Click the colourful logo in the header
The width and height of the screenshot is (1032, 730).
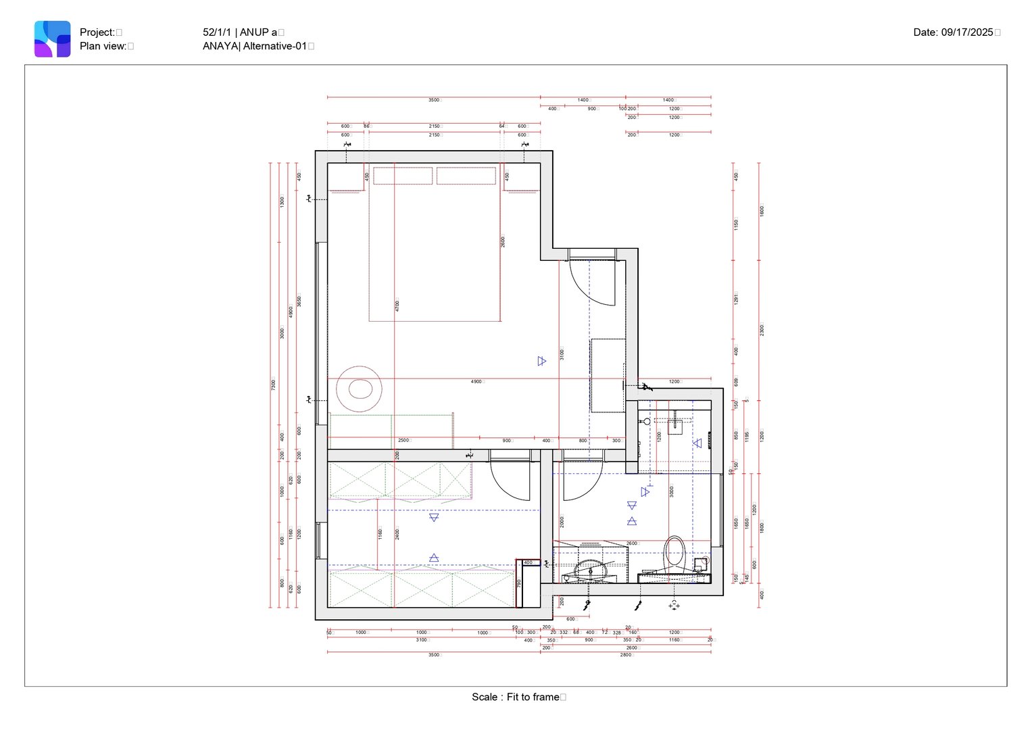tap(53, 39)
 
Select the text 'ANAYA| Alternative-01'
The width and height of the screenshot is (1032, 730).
tap(255, 46)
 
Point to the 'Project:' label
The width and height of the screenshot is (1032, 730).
tap(97, 32)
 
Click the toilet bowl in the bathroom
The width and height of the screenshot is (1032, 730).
tap(674, 553)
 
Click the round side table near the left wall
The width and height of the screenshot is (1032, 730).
tap(360, 389)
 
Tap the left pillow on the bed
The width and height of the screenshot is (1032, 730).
tap(403, 176)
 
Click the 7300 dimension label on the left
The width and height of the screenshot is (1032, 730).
tap(274, 384)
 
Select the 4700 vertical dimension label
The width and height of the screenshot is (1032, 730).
tap(397, 306)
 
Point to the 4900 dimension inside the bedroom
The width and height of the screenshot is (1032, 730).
tap(476, 382)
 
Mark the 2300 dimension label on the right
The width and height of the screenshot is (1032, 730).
tap(762, 330)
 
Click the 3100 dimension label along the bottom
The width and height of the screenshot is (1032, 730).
tap(421, 640)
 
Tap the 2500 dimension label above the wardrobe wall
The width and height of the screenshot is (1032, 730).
tap(403, 441)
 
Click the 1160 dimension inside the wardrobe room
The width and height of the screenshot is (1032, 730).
tap(380, 533)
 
